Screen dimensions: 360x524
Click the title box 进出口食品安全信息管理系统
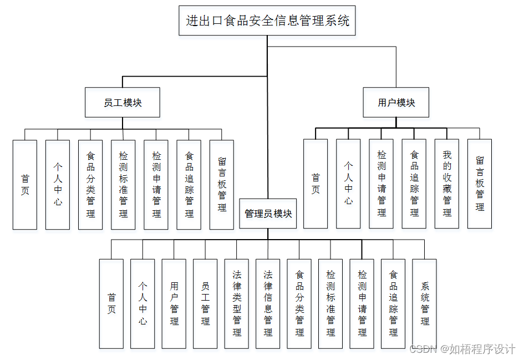(x=267, y=21)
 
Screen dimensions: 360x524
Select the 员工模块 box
(x=123, y=103)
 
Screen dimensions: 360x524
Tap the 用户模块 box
(x=396, y=103)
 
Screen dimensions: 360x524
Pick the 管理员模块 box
(x=268, y=214)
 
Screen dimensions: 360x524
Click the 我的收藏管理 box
(x=447, y=184)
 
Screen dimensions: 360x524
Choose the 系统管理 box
(x=425, y=303)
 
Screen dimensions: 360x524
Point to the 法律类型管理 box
(x=237, y=303)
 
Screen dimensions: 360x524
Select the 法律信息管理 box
(x=268, y=303)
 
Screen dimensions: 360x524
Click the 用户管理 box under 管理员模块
(x=174, y=303)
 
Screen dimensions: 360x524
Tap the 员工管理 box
(x=205, y=303)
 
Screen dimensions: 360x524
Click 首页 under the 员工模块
(x=25, y=185)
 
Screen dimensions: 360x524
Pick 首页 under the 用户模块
(x=316, y=184)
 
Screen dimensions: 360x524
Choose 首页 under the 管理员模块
(x=111, y=303)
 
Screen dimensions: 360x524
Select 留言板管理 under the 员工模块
(x=222, y=185)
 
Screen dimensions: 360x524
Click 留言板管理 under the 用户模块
(x=480, y=184)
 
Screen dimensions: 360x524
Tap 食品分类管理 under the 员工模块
(x=90, y=185)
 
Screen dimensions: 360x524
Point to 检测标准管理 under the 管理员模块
(x=330, y=303)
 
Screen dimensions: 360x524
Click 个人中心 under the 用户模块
(x=348, y=184)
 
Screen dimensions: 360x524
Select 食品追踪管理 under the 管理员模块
(x=393, y=303)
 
